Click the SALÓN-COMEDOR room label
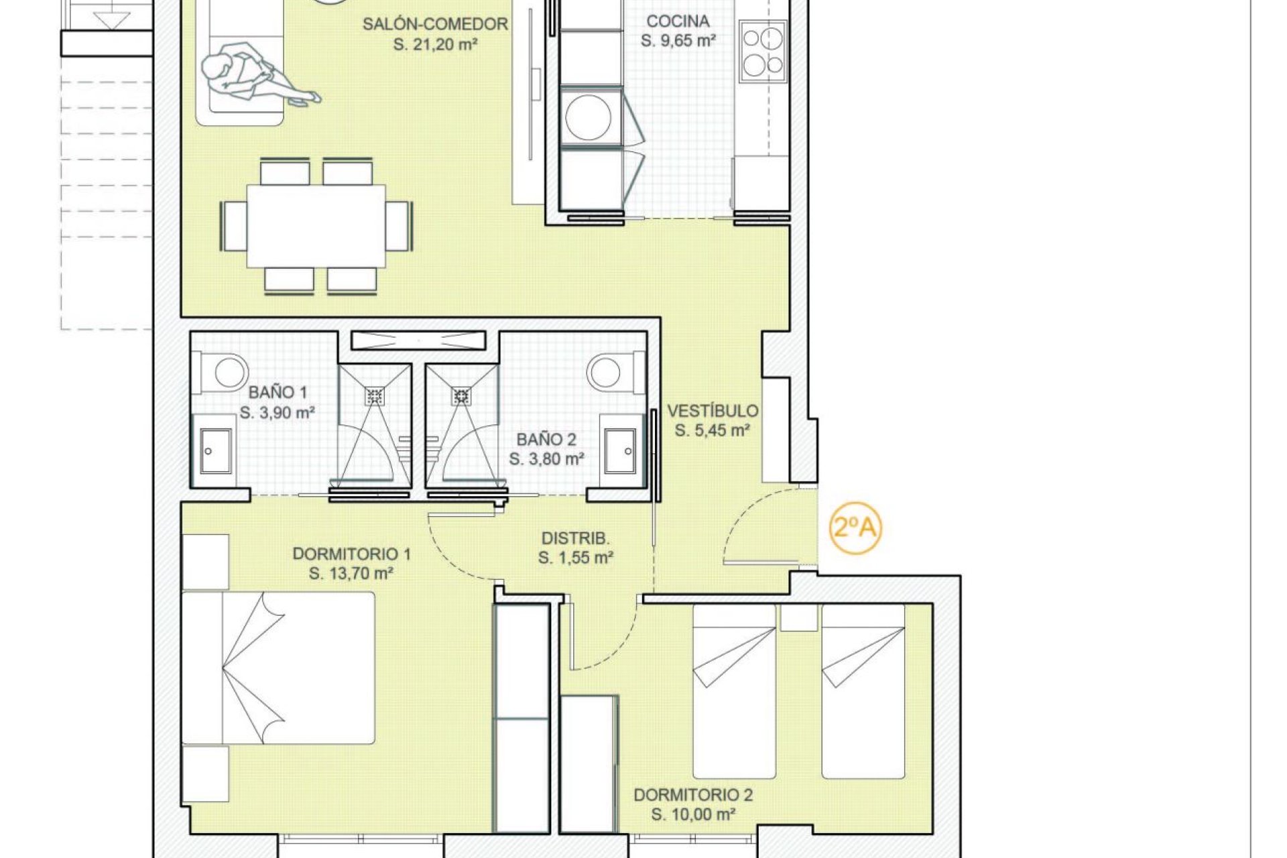[x=435, y=24]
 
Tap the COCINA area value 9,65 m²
[x=678, y=41]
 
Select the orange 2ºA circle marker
[x=855, y=528]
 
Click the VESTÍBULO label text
[x=713, y=411]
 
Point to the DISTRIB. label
[x=575, y=538]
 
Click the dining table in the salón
[x=316, y=226]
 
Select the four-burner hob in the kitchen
[x=762, y=50]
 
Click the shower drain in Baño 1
[x=374, y=396]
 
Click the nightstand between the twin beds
[x=798, y=617]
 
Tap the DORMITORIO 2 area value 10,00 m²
[x=694, y=815]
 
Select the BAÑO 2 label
[x=546, y=440]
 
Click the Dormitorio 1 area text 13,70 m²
[x=351, y=574]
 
